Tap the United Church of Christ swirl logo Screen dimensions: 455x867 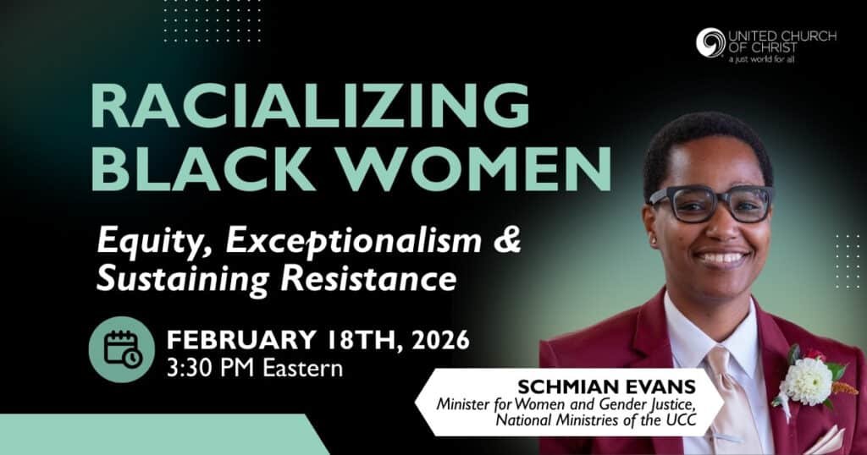click(x=710, y=42)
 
